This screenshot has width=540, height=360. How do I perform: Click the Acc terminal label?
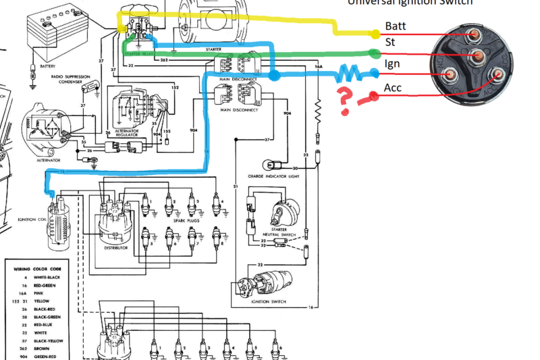coord(394,88)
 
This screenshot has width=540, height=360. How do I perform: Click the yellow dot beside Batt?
coord(376,33)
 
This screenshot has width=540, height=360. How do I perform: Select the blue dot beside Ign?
coord(374,75)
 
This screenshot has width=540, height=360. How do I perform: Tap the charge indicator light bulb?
coord(269,164)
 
